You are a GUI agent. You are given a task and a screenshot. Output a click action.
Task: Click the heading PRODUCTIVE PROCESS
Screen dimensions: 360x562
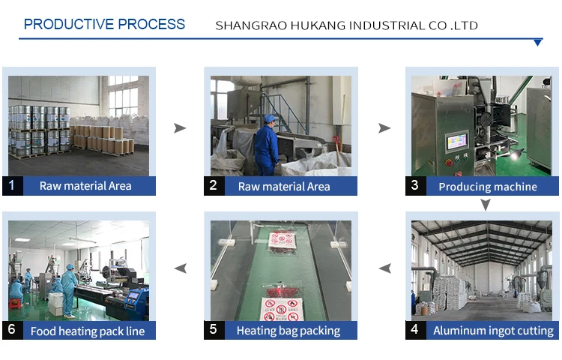pyautogui.click(x=104, y=24)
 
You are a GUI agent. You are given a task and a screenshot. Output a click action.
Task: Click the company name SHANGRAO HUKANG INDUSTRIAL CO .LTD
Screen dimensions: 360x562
pyautogui.click(x=346, y=25)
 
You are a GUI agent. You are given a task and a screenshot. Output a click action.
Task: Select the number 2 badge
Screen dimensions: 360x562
pyautogui.click(x=214, y=185)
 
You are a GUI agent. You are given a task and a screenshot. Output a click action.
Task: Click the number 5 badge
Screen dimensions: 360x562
pyautogui.click(x=214, y=329)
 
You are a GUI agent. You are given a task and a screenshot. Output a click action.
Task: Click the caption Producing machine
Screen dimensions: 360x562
pyautogui.click(x=487, y=187)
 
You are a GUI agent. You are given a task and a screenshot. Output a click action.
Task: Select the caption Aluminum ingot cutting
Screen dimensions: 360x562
pyautogui.click(x=493, y=330)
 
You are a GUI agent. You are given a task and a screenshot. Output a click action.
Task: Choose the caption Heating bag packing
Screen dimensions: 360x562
pyautogui.click(x=288, y=330)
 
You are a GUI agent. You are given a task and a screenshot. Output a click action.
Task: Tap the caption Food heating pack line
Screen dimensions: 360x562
pyautogui.click(x=87, y=330)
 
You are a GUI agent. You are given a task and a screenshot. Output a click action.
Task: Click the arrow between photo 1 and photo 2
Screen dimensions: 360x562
pyautogui.click(x=180, y=128)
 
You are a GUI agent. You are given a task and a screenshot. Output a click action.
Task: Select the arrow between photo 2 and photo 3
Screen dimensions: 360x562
pyautogui.click(x=384, y=128)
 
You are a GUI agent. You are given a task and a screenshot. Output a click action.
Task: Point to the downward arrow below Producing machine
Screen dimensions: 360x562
pyautogui.click(x=486, y=204)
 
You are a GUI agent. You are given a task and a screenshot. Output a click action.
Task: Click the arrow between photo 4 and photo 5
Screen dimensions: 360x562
pyautogui.click(x=384, y=268)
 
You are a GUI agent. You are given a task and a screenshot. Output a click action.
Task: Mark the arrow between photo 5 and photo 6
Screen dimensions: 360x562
pyautogui.click(x=180, y=268)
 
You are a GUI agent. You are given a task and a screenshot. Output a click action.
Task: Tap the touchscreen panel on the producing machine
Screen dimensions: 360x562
pyautogui.click(x=457, y=142)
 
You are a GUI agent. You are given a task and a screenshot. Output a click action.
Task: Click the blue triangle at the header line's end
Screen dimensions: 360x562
pyautogui.click(x=537, y=43)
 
